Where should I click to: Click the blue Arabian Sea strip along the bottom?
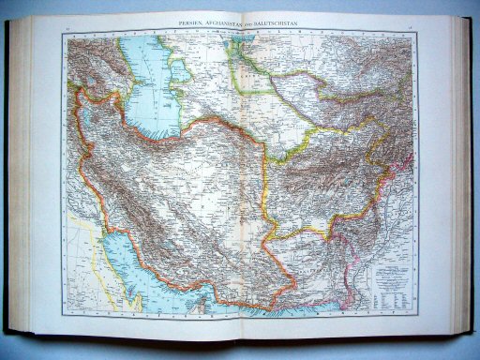pos(300,306)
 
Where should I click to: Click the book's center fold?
pos(242,187)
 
